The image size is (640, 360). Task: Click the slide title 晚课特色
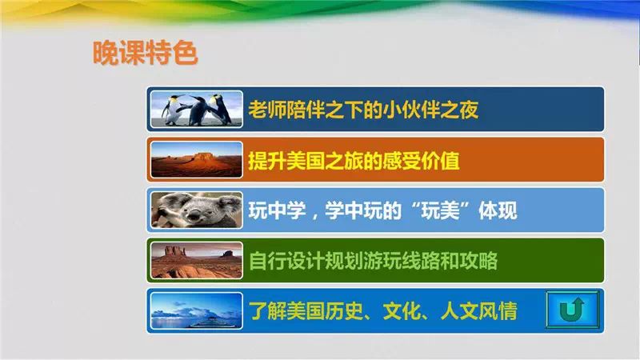coord(146,53)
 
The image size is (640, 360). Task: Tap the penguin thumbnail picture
coord(196,110)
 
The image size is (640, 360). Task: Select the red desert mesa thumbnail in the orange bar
coord(196,159)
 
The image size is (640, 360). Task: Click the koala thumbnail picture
coord(196,210)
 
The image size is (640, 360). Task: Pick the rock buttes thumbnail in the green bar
coord(196,261)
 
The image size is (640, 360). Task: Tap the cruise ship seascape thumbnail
coord(196,311)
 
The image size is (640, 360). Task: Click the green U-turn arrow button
coord(572,310)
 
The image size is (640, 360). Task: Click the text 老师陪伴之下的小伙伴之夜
coord(363,110)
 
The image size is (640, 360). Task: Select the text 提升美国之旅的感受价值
coord(354,160)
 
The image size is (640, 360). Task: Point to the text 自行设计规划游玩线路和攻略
coord(373,261)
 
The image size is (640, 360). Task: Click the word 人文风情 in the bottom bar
coord(478,311)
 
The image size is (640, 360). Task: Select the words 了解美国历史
coord(306,311)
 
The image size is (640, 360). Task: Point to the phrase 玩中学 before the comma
coord(277,210)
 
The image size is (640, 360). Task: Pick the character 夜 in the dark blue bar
coord(469,110)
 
